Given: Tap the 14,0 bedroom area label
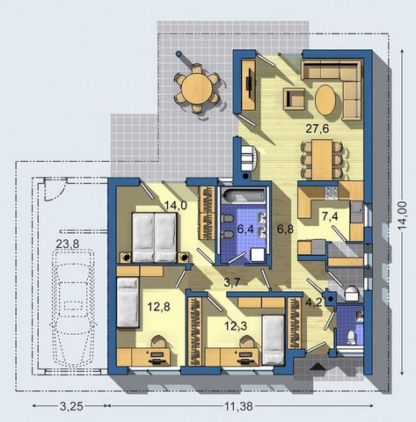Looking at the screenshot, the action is tap(175, 205).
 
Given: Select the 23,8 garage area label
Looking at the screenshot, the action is tap(68, 244).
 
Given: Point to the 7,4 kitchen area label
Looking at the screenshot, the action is tap(330, 216).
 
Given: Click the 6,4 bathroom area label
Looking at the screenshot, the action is tap(245, 229).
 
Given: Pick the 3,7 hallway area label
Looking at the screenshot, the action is tap(232, 282).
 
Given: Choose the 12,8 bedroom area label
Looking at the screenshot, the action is tap(158, 307).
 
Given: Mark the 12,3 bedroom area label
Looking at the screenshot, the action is tap(236, 325).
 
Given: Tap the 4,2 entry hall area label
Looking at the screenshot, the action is tap(314, 302).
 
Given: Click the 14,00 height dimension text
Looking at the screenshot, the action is tap(405, 215).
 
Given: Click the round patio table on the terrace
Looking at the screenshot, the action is tap(197, 90).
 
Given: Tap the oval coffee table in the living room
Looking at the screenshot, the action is tap(325, 100).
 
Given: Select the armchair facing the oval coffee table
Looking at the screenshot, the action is tap(294, 98).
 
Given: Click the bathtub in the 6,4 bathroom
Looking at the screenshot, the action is tap(244, 195).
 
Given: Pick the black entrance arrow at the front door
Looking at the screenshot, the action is tap(317, 367).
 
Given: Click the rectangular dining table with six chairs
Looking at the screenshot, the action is tap(322, 160).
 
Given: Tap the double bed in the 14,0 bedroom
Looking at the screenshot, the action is tap(155, 237).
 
